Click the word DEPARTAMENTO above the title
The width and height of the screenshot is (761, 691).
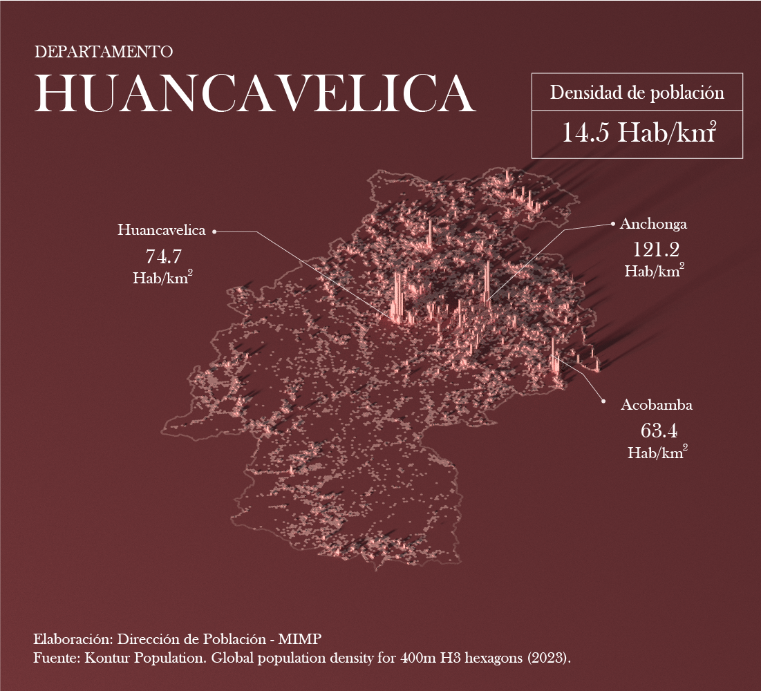pos(103,52)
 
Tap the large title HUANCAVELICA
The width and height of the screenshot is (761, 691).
pos(254,93)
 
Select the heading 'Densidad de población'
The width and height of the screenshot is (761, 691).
pos(637,93)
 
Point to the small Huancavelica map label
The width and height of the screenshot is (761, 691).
pos(162,230)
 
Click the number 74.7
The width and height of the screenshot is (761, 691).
pos(163,257)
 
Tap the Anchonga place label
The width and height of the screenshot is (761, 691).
pos(653,224)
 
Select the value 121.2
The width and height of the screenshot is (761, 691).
pos(655,249)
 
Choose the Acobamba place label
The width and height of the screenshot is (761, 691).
pos(656,405)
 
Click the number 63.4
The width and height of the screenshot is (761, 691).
pos(658,431)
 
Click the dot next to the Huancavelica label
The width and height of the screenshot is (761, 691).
pos(214,232)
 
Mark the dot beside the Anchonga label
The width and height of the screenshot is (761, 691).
pos(612,224)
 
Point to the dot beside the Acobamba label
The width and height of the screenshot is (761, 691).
pos(603,401)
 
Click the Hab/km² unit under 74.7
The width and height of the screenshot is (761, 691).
pos(162,278)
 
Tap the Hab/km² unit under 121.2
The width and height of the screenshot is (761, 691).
pos(655,270)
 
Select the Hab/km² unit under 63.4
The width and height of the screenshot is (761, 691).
pos(657,453)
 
